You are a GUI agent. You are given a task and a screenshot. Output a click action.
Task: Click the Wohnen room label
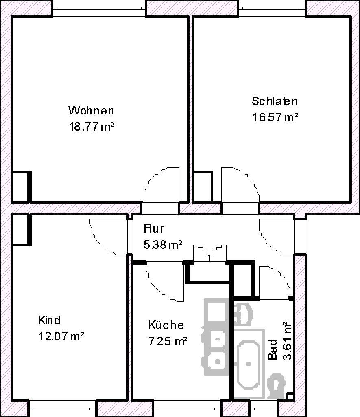coord(91,110)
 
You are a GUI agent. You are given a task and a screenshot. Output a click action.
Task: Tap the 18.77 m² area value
coord(92,127)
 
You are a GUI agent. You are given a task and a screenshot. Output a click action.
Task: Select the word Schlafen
coord(275,101)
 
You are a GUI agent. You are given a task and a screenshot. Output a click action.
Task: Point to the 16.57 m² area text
coord(275,117)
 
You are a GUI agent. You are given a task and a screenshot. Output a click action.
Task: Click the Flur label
coord(154,228)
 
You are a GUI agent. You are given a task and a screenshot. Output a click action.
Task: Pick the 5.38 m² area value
coord(163,244)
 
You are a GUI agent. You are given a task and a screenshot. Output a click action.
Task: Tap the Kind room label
coord(49,320)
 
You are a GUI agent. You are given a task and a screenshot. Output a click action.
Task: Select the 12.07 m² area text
coord(61,336)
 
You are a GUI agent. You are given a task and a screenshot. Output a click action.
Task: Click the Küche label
coord(166,325)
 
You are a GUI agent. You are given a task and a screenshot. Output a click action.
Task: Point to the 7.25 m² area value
coord(168,341)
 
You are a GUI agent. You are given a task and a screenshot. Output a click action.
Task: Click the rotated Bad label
coord(273,349)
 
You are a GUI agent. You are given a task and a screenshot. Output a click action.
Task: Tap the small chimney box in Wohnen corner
coord(21,187)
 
